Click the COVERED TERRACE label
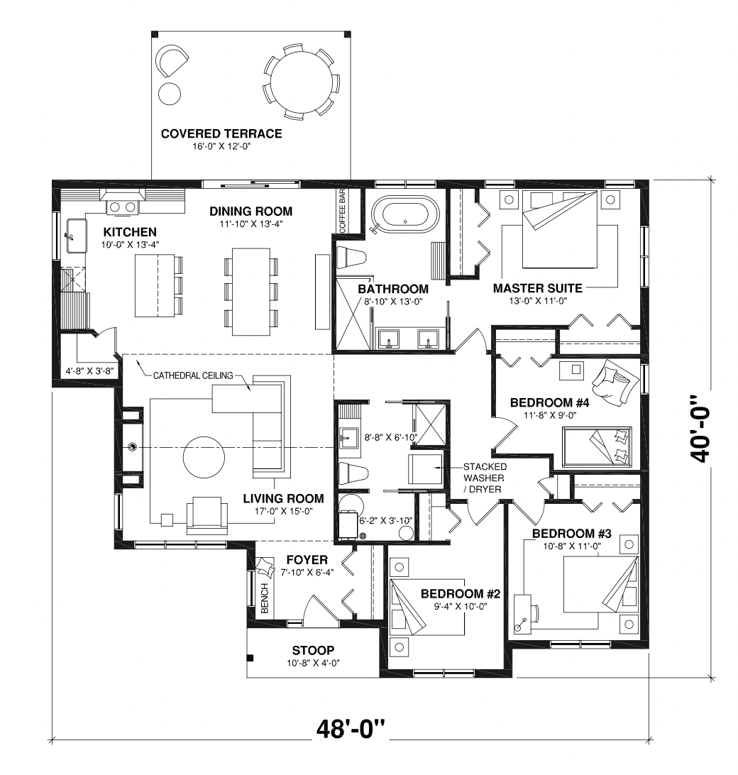221,133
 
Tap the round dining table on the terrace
302,81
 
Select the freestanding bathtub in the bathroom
404,214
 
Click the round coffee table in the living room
204,456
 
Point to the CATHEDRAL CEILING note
193,375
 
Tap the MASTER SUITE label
537,288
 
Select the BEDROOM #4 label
550,403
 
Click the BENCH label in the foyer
265,598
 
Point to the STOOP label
313,650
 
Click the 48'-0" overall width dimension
351,729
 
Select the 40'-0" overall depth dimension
700,428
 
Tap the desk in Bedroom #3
522,613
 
